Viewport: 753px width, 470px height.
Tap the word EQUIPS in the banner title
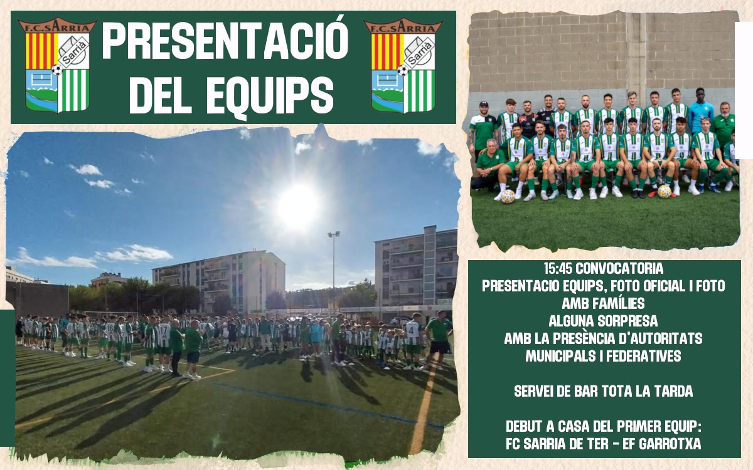[270, 96]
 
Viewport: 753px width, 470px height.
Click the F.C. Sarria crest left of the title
[57, 65]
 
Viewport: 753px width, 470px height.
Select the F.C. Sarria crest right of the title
[403, 65]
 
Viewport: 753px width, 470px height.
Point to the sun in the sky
[298, 206]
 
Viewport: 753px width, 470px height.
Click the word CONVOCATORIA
[619, 269]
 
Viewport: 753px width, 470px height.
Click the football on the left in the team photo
[508, 197]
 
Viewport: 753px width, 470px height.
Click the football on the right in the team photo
[665, 191]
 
